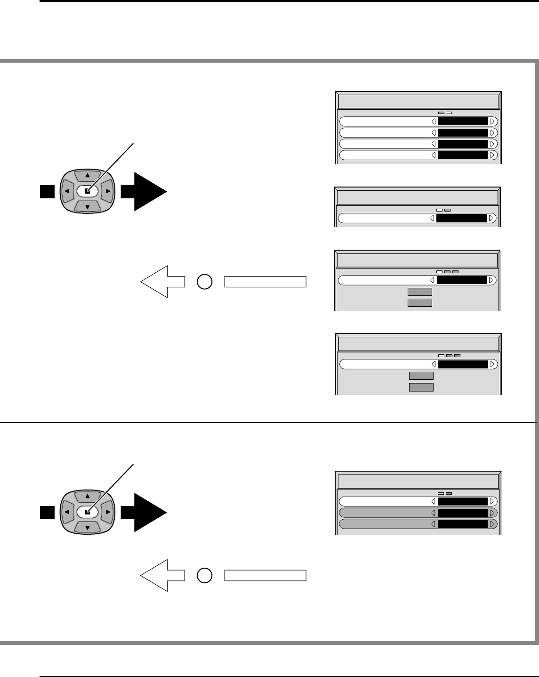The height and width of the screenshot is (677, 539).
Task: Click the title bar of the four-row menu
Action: (418, 102)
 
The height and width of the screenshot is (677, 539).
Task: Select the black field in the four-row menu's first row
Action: (463, 122)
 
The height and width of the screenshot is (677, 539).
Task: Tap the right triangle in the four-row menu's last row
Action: (492, 155)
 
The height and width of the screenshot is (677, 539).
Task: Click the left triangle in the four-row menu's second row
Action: (434, 133)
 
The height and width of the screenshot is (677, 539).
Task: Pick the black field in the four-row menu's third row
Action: (463, 144)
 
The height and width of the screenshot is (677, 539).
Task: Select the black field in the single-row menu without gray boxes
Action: (461, 219)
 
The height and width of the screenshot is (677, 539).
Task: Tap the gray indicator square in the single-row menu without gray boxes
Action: (448, 210)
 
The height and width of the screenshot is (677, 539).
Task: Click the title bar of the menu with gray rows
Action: (418, 481)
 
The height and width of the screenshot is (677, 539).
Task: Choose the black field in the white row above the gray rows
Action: (463, 501)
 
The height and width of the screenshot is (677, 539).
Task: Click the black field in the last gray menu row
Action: (463, 524)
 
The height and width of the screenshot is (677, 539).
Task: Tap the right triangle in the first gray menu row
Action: (492, 513)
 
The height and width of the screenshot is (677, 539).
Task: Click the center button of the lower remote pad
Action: (88, 512)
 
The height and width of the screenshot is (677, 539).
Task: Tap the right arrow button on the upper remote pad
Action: (108, 192)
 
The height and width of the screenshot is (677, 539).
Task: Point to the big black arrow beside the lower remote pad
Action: (144, 513)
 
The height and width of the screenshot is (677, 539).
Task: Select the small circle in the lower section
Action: (204, 575)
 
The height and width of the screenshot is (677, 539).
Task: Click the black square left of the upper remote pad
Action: (47, 192)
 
